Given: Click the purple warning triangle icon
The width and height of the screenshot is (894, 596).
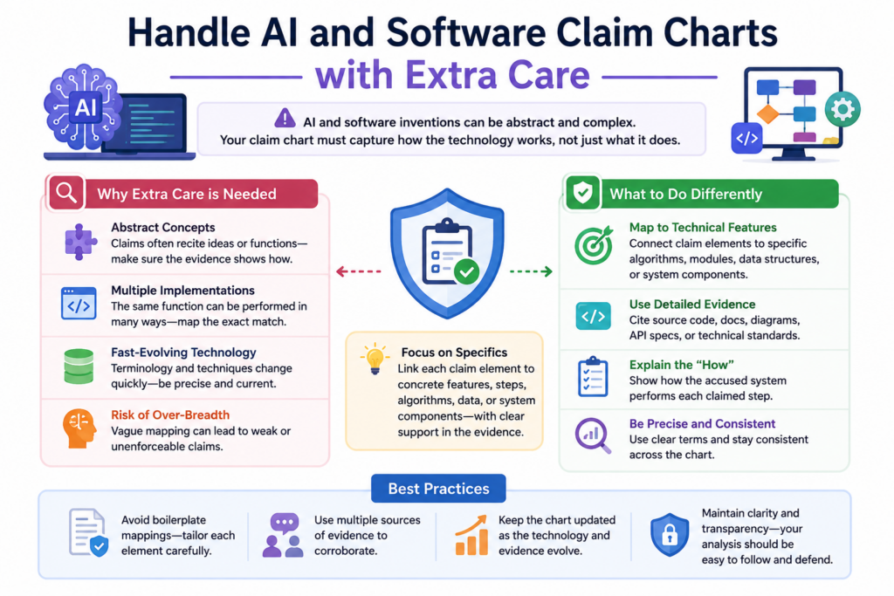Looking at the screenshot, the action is (285, 119).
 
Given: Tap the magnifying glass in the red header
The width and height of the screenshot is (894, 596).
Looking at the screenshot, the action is (66, 193).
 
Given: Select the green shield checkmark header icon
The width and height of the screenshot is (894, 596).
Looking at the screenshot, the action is (582, 193).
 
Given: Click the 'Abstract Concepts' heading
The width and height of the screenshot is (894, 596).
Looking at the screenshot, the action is (163, 228).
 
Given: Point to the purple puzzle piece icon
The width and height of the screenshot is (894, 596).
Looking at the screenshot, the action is (79, 243).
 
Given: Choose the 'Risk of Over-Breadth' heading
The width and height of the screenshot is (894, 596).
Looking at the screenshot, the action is (170, 414).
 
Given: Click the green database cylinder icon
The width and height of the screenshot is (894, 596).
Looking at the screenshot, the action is (79, 366).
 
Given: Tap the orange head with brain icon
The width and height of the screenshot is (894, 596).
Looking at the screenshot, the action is (79, 428).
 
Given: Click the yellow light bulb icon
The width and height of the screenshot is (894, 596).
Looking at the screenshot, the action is (375, 359).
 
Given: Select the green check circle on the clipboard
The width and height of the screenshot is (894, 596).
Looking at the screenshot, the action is (466, 271).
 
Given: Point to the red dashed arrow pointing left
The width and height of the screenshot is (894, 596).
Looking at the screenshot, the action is (358, 271).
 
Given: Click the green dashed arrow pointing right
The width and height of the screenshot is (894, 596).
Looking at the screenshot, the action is (531, 271).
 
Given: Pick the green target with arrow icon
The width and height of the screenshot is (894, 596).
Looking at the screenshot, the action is (594, 245).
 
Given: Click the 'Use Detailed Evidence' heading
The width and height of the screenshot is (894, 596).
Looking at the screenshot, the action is (692, 305).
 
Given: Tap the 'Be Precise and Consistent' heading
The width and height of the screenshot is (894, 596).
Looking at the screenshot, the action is (702, 424).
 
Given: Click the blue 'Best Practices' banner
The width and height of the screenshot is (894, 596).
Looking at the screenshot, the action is (438, 489).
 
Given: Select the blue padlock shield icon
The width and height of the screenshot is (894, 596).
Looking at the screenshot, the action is (670, 534).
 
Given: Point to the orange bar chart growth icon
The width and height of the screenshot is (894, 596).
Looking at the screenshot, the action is (471, 535).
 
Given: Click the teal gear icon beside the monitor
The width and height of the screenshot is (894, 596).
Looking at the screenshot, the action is (842, 109).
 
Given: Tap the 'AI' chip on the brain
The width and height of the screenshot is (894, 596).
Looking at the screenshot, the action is (86, 107).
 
